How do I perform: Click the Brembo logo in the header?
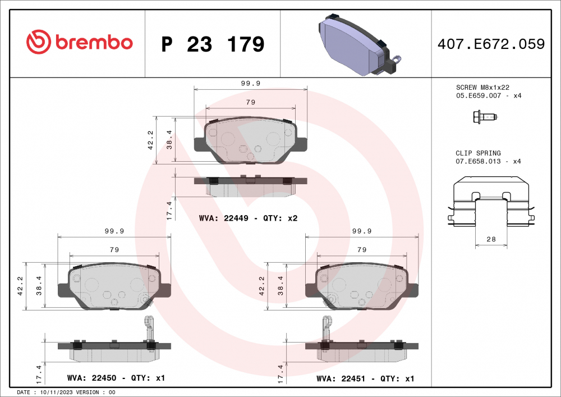click(79, 42)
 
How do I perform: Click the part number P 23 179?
click(212, 44)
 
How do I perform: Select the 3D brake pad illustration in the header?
click(357, 45)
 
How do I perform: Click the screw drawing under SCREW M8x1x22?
click(485, 117)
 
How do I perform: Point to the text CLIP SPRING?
click(478, 153)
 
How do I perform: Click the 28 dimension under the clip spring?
click(491, 240)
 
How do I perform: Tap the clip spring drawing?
click(491, 202)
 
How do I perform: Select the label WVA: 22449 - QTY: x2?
click(248, 218)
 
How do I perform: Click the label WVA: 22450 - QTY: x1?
click(116, 378)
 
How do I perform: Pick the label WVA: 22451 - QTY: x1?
click(365, 378)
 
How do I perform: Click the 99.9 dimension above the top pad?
click(250, 83)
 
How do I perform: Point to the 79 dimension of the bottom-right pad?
click(362, 249)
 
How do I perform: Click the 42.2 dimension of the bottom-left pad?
click(20, 285)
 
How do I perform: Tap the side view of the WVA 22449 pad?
click(250, 186)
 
